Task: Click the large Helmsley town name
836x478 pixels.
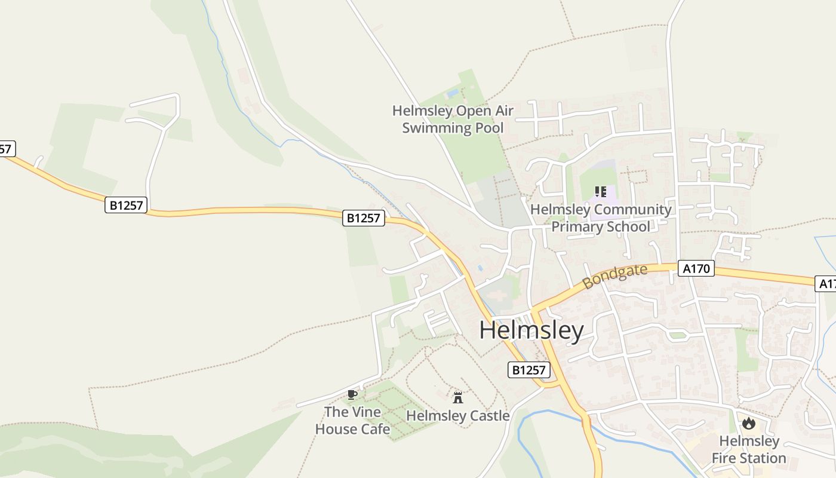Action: (531, 331)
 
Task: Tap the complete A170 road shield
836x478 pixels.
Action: (696, 269)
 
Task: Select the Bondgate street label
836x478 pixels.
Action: (615, 277)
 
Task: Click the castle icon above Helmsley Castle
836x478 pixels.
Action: (458, 397)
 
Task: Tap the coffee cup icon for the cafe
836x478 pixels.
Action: (352, 394)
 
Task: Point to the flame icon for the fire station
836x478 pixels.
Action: (748, 424)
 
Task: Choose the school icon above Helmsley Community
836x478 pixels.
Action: (601, 192)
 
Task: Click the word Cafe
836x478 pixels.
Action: (374, 429)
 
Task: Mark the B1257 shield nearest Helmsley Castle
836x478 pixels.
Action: (529, 370)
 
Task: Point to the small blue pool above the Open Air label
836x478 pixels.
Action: (453, 94)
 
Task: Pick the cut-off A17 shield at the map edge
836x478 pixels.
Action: (826, 284)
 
